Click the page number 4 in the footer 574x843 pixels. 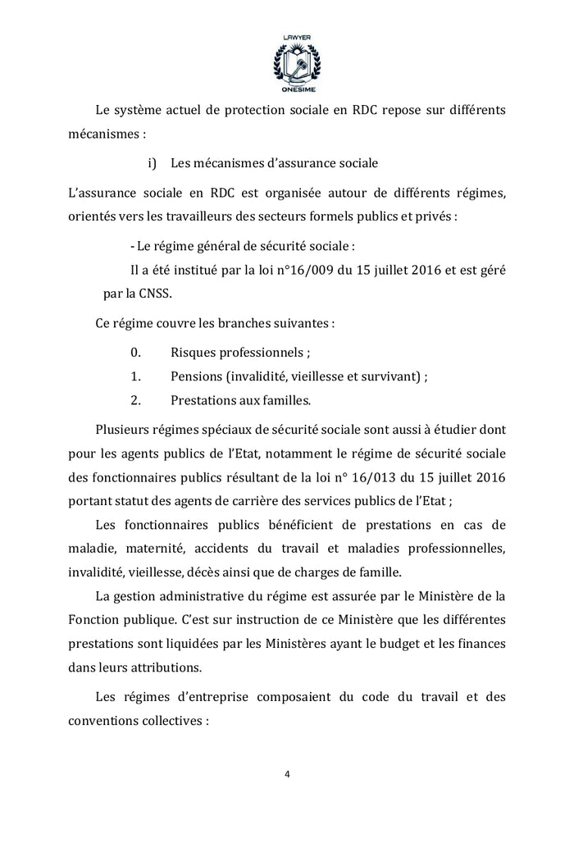point(287,773)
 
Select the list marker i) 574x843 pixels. point(152,163)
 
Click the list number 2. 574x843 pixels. point(136,401)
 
